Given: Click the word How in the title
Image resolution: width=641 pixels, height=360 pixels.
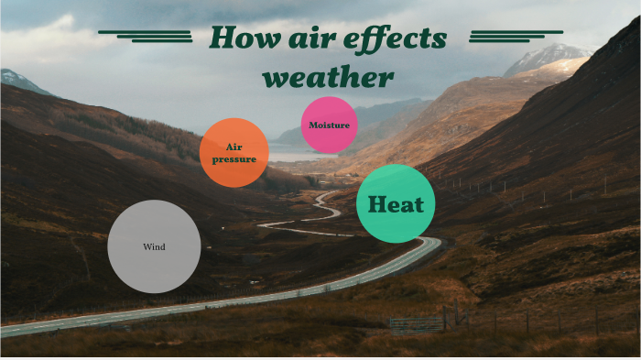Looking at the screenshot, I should coord(243,38).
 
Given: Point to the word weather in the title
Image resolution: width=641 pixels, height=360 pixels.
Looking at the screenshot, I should coord(328,76).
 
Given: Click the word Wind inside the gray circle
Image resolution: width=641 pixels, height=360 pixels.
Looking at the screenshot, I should coord(154,246).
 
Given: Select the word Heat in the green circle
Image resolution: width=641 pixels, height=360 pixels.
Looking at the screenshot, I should coord(396,204).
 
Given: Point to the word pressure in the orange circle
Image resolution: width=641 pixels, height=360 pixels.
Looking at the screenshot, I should coord(234,159).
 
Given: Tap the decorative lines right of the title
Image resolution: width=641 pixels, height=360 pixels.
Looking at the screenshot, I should coord(503,36).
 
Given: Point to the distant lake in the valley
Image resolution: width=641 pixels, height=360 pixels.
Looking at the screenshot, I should coord(293,156).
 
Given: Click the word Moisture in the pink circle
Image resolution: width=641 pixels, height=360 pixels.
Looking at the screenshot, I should coord(329,125).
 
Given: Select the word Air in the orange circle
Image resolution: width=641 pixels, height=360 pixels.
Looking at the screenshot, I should coord(234,147).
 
